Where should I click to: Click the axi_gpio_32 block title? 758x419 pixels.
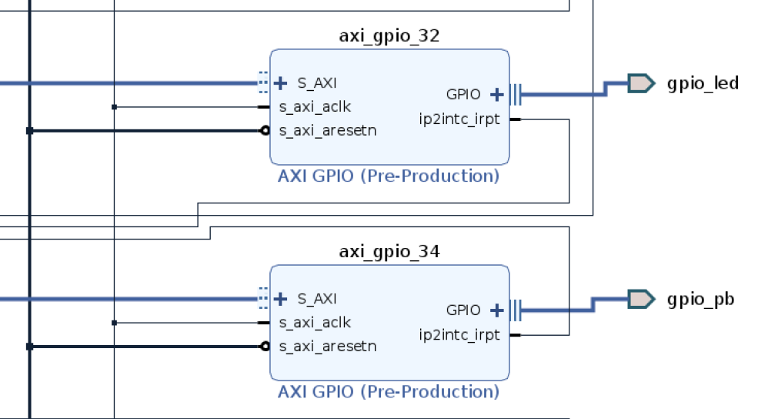[389, 35]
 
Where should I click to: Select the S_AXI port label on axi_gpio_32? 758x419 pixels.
[316, 82]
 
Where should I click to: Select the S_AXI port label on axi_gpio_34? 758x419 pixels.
[316, 298]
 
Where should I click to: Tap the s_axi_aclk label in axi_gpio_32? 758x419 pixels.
[315, 106]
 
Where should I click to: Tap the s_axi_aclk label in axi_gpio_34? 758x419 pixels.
[315, 322]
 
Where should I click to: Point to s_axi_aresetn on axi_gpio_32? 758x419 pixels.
[327, 130]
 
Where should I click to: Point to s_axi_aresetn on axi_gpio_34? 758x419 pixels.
[327, 346]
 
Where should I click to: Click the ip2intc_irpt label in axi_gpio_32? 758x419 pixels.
[459, 119]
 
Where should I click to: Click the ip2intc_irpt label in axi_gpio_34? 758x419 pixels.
[459, 334]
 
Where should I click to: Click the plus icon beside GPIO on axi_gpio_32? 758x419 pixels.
[496, 95]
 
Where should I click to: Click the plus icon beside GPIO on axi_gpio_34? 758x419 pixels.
[496, 310]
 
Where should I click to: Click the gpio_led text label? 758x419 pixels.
[703, 82]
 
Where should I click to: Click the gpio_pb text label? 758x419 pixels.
[700, 299]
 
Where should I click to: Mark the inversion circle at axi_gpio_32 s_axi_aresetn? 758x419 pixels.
[265, 131]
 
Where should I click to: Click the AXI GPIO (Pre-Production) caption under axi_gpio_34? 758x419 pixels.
[389, 391]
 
